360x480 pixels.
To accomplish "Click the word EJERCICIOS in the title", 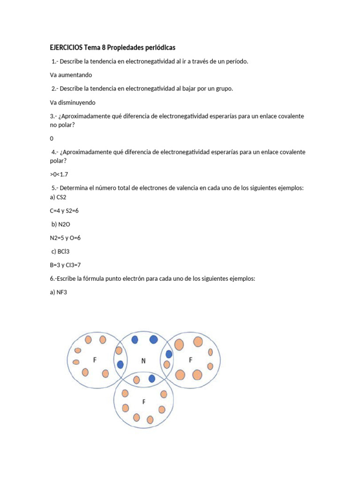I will (x=65, y=48).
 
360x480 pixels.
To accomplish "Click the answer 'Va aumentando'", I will (x=71, y=75).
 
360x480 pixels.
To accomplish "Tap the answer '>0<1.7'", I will (x=60, y=174).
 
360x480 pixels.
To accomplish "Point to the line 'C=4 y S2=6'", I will (x=64, y=210).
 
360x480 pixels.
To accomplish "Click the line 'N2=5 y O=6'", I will (x=65, y=238).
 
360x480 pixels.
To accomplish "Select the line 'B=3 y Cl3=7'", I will (x=65, y=265).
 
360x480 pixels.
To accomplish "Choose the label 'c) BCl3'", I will (x=62, y=252).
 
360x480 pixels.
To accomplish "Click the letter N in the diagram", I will (x=144, y=361).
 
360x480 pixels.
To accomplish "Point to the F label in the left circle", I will (x=95, y=360).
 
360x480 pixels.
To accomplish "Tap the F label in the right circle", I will (x=190, y=360).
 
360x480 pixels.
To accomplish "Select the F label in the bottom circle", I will (x=144, y=401).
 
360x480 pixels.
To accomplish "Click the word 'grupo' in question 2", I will (x=223, y=89).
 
